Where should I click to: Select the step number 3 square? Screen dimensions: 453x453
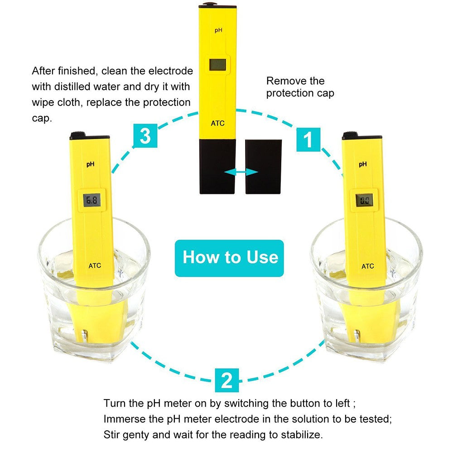(x=145, y=135)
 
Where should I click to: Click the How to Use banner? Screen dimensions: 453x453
(x=230, y=258)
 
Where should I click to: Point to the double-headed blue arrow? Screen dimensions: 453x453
(x=241, y=172)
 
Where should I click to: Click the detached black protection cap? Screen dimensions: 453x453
(x=263, y=166)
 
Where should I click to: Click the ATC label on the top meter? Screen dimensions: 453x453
(x=217, y=123)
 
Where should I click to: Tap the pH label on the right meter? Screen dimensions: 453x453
(x=362, y=164)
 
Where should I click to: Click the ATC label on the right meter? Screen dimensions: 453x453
(x=367, y=266)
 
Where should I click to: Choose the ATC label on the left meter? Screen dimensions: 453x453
(x=95, y=266)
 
